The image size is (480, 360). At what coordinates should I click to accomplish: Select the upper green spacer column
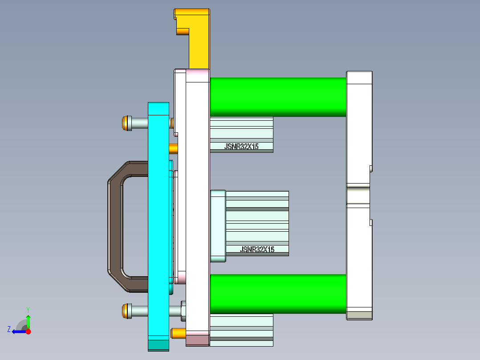click(278, 97)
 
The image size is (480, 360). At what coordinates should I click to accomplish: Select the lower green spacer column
click(278, 294)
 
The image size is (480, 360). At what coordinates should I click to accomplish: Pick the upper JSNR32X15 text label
click(242, 146)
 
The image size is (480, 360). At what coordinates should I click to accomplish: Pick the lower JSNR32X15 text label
click(257, 250)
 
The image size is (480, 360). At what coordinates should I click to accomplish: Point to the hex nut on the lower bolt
click(183, 311)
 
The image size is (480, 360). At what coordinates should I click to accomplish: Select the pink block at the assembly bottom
click(197, 340)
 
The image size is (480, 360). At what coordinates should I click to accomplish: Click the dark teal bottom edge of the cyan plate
click(158, 345)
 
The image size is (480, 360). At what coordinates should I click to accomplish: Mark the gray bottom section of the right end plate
click(359, 315)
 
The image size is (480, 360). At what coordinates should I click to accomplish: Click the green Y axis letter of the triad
click(28, 309)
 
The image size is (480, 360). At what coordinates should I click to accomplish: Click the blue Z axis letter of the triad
click(9, 329)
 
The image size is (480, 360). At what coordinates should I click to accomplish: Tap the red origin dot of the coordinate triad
click(28, 331)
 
